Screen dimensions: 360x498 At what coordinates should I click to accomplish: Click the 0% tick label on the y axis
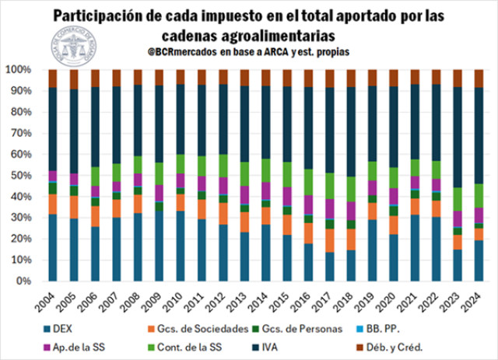[x=25, y=281]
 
